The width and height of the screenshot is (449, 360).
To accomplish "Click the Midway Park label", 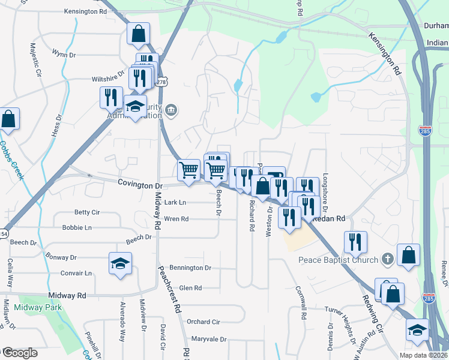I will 37,308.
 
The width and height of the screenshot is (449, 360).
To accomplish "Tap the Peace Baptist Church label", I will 339,260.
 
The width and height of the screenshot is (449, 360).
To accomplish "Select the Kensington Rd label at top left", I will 85,11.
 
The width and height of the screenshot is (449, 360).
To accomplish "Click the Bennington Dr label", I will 191,268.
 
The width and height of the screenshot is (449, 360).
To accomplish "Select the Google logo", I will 20,352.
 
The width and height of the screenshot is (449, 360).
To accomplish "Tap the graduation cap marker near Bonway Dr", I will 120,263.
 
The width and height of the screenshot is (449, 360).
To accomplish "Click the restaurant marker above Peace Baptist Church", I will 355,242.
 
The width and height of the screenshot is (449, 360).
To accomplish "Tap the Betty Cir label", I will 86,212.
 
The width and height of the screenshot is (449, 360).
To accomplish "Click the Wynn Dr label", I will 64,55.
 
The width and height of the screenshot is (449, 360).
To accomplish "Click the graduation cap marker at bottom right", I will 417,331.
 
